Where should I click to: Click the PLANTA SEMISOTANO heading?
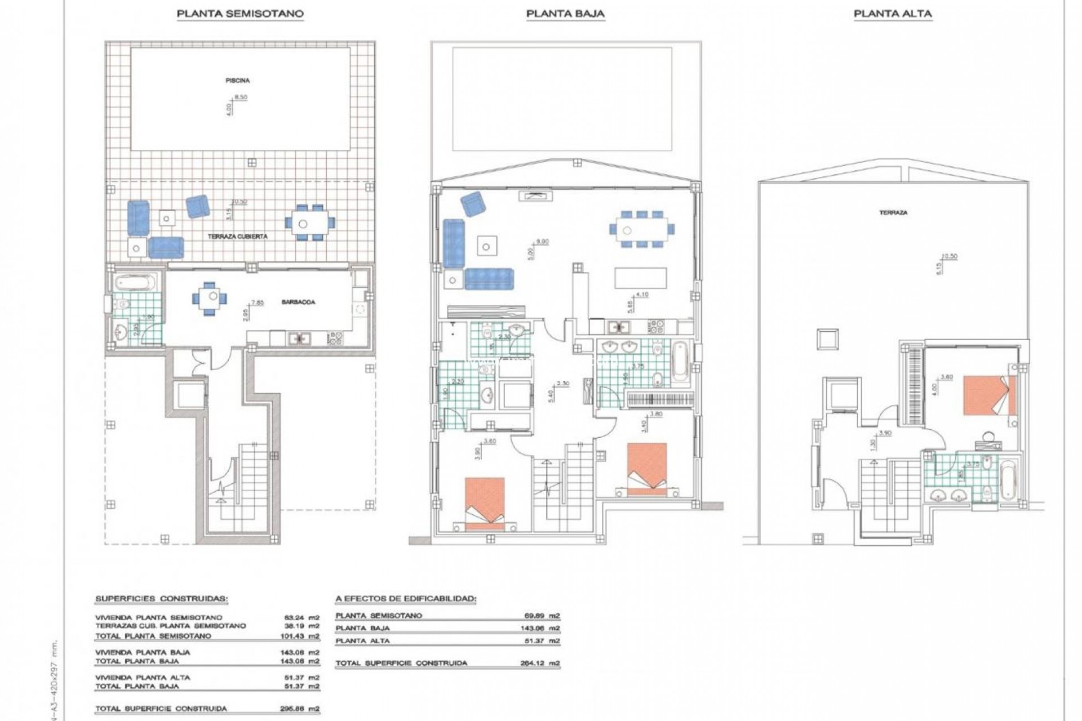(240, 14)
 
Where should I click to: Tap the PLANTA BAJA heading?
(565, 14)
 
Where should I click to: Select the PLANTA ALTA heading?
(893, 14)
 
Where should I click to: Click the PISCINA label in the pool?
(237, 81)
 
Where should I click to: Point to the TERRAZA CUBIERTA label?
(237, 237)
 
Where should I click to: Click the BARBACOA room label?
(298, 302)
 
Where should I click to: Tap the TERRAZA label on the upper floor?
(893, 213)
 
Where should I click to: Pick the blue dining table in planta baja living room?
(641, 229)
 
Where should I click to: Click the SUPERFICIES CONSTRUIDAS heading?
(161, 599)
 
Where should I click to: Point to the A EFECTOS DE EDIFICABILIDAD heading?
(405, 599)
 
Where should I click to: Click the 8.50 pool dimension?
(240, 97)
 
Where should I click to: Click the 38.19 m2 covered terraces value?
(301, 626)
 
